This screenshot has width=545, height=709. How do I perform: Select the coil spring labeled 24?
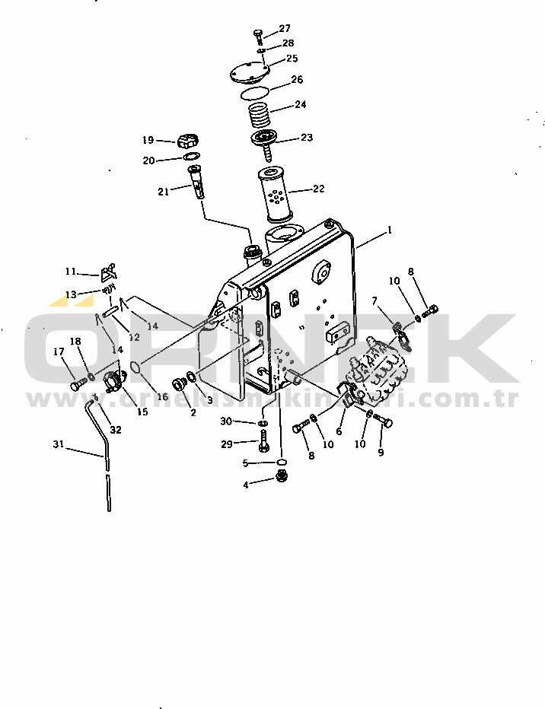261,116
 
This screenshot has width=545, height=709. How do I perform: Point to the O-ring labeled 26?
257,94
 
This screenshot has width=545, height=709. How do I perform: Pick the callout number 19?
148,140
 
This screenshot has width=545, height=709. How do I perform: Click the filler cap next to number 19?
188,141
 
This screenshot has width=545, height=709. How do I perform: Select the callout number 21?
163,192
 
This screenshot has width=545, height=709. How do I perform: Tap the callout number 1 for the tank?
390,229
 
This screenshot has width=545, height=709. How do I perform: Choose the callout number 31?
59,444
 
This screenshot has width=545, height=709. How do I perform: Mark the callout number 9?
381,453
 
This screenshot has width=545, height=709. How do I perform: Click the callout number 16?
161,397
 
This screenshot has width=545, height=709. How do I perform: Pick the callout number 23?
307,138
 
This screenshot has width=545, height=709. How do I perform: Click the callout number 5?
246,463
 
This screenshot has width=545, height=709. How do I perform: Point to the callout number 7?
374,301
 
